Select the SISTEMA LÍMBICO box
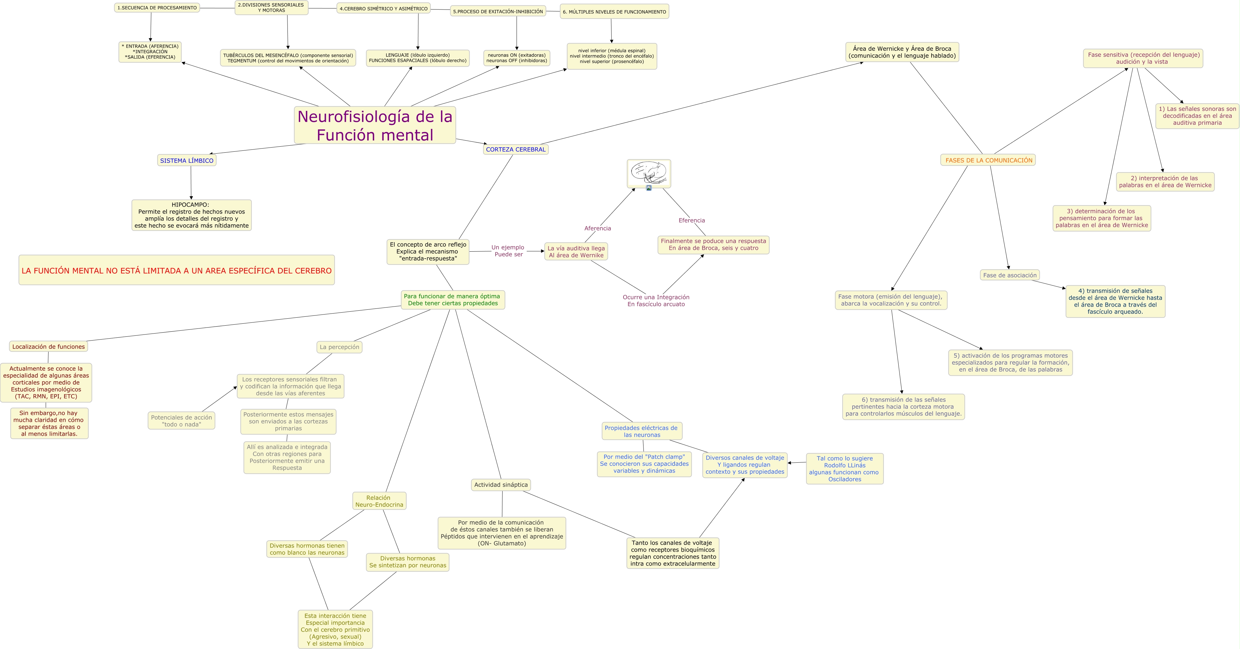coord(187,160)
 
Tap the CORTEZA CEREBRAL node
coord(516,149)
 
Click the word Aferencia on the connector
coord(597,228)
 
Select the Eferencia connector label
coord(691,220)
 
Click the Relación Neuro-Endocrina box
coord(379,501)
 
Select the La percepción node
coord(340,347)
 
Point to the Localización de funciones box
coord(48,346)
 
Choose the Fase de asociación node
coord(1009,275)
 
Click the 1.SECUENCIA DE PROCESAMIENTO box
coord(157,8)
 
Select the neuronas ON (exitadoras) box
coord(517,58)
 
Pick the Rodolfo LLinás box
coord(844,468)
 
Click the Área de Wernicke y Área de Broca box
coord(901,52)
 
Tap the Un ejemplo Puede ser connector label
coord(508,251)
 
